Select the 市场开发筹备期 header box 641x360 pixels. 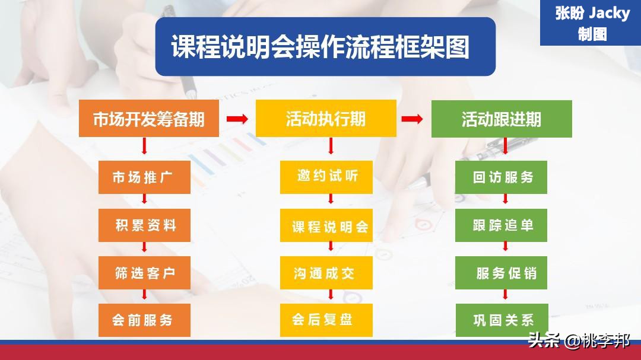tap(149, 119)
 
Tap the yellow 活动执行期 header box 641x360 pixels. tap(326, 119)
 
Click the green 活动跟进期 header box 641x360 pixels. tap(502, 119)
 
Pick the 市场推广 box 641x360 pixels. tap(144, 177)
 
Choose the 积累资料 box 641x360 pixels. tap(144, 225)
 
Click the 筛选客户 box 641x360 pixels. tap(144, 273)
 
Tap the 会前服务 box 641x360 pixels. tap(144, 320)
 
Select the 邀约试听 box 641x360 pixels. tap(326, 177)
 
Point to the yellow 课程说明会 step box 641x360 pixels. tap(326, 226)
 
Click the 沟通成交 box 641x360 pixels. tap(326, 273)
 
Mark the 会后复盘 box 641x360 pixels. tap(326, 320)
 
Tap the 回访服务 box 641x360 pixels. tap(502, 177)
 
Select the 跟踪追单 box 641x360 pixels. tap(502, 225)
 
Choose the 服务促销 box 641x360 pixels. tap(502, 273)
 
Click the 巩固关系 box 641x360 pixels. tap(502, 320)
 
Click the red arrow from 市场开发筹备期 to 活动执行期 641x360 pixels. tap(237, 119)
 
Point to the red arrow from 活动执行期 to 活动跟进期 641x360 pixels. tap(412, 119)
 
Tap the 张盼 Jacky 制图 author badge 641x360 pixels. tap(591, 23)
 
